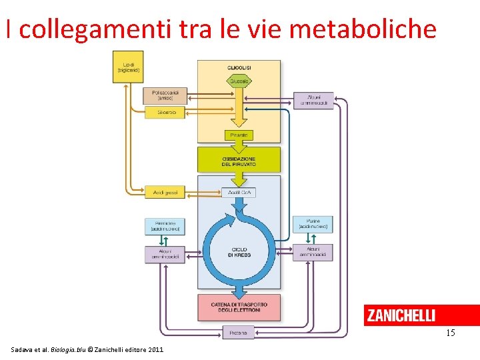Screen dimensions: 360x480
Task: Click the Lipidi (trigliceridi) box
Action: (127, 67)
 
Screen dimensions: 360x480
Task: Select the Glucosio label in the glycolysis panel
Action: (239, 81)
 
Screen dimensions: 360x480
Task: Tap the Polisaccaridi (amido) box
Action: (165, 95)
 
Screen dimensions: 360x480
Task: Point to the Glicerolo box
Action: (165, 112)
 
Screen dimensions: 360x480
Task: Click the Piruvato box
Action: (239, 135)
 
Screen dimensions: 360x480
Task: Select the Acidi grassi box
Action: (165, 193)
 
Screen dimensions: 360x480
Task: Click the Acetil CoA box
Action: (239, 193)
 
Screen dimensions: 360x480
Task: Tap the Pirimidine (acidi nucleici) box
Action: (165, 226)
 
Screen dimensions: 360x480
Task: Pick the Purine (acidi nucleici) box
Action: (313, 224)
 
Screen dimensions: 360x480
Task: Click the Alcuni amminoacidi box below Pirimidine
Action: (165, 254)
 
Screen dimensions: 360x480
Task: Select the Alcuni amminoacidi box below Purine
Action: (313, 252)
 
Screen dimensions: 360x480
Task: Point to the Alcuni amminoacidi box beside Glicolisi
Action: (314, 100)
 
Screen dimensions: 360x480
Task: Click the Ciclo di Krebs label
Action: (238, 252)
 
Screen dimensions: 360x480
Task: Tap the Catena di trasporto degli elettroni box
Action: (239, 307)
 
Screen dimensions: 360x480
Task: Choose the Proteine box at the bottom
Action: (238, 332)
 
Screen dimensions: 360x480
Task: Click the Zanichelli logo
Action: (401, 315)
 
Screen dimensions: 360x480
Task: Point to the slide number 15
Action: (451, 332)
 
